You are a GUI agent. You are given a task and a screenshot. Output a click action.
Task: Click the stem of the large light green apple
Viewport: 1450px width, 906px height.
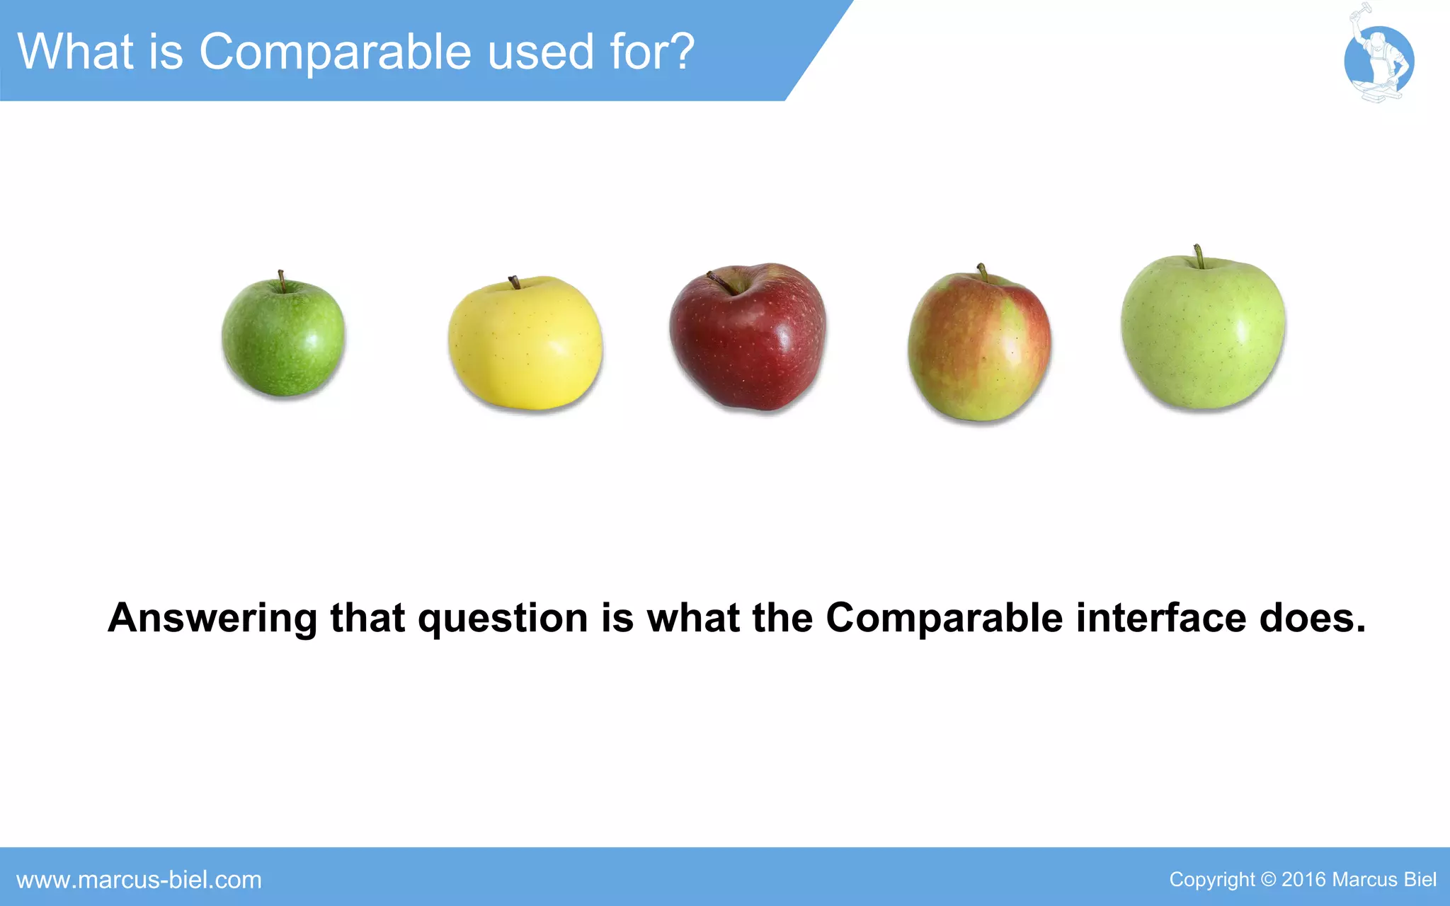(1199, 256)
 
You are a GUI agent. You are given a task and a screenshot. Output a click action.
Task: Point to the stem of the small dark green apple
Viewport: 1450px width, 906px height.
(281, 280)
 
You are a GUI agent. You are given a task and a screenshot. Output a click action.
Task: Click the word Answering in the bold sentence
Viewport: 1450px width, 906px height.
(212, 618)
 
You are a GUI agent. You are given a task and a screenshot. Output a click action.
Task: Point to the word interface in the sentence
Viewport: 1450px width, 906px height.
(1161, 618)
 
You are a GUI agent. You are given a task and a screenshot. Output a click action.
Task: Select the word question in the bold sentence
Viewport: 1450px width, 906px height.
(503, 619)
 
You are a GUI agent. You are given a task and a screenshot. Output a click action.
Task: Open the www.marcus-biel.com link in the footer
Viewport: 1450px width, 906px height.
(139, 880)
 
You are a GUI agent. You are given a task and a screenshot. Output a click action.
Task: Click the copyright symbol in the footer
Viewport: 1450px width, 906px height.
(1268, 879)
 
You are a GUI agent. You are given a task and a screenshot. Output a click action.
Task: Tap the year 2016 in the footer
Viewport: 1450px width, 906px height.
(1303, 879)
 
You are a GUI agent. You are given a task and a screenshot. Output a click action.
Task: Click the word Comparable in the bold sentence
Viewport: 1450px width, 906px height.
(944, 618)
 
